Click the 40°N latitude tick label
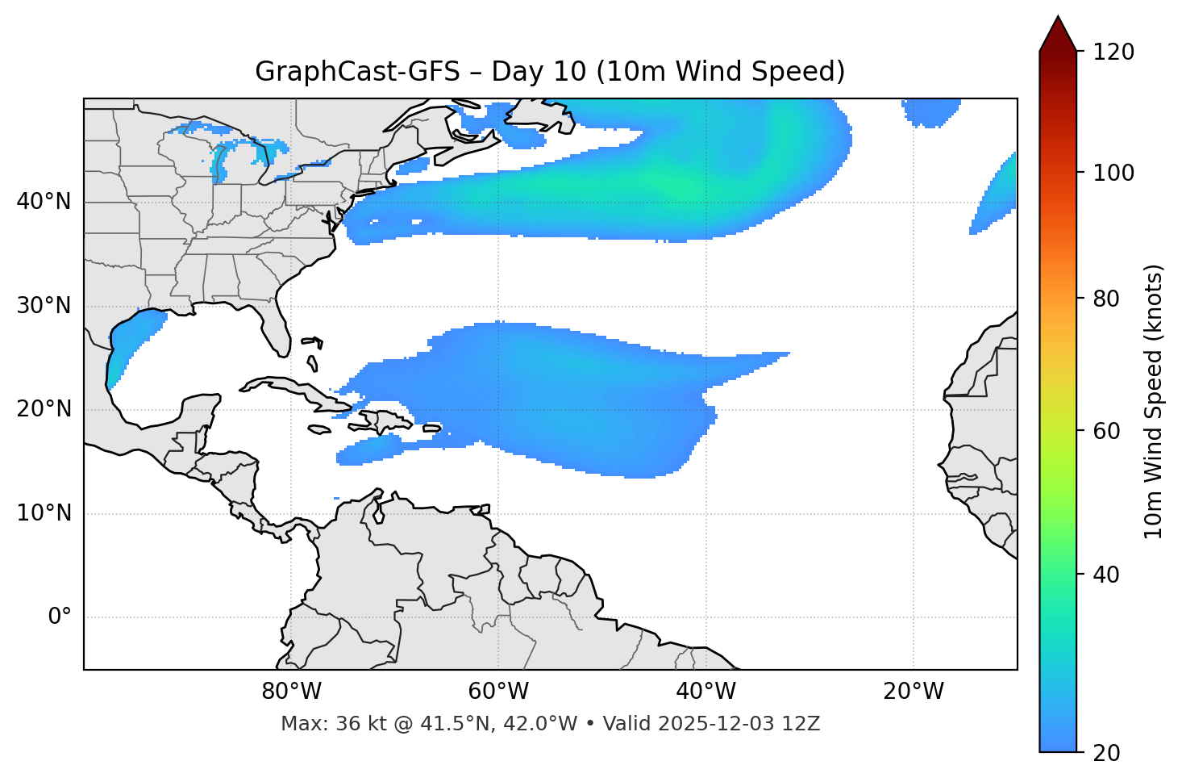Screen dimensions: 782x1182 point(44,202)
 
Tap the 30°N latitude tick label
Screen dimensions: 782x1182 point(44,306)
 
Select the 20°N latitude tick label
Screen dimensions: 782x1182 point(44,409)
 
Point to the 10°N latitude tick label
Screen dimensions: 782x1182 point(44,513)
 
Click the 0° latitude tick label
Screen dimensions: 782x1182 point(59,617)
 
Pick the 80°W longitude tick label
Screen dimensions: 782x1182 point(291,692)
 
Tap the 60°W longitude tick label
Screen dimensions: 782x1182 point(498,692)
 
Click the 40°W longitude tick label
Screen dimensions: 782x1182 point(705,692)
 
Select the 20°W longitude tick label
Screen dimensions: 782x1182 point(913,692)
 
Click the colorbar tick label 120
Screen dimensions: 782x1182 point(1113,52)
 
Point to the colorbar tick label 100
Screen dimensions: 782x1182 point(1113,173)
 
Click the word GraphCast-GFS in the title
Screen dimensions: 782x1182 point(357,72)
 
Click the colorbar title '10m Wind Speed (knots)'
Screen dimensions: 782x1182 point(1154,402)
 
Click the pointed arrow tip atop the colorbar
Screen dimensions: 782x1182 point(1058,19)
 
